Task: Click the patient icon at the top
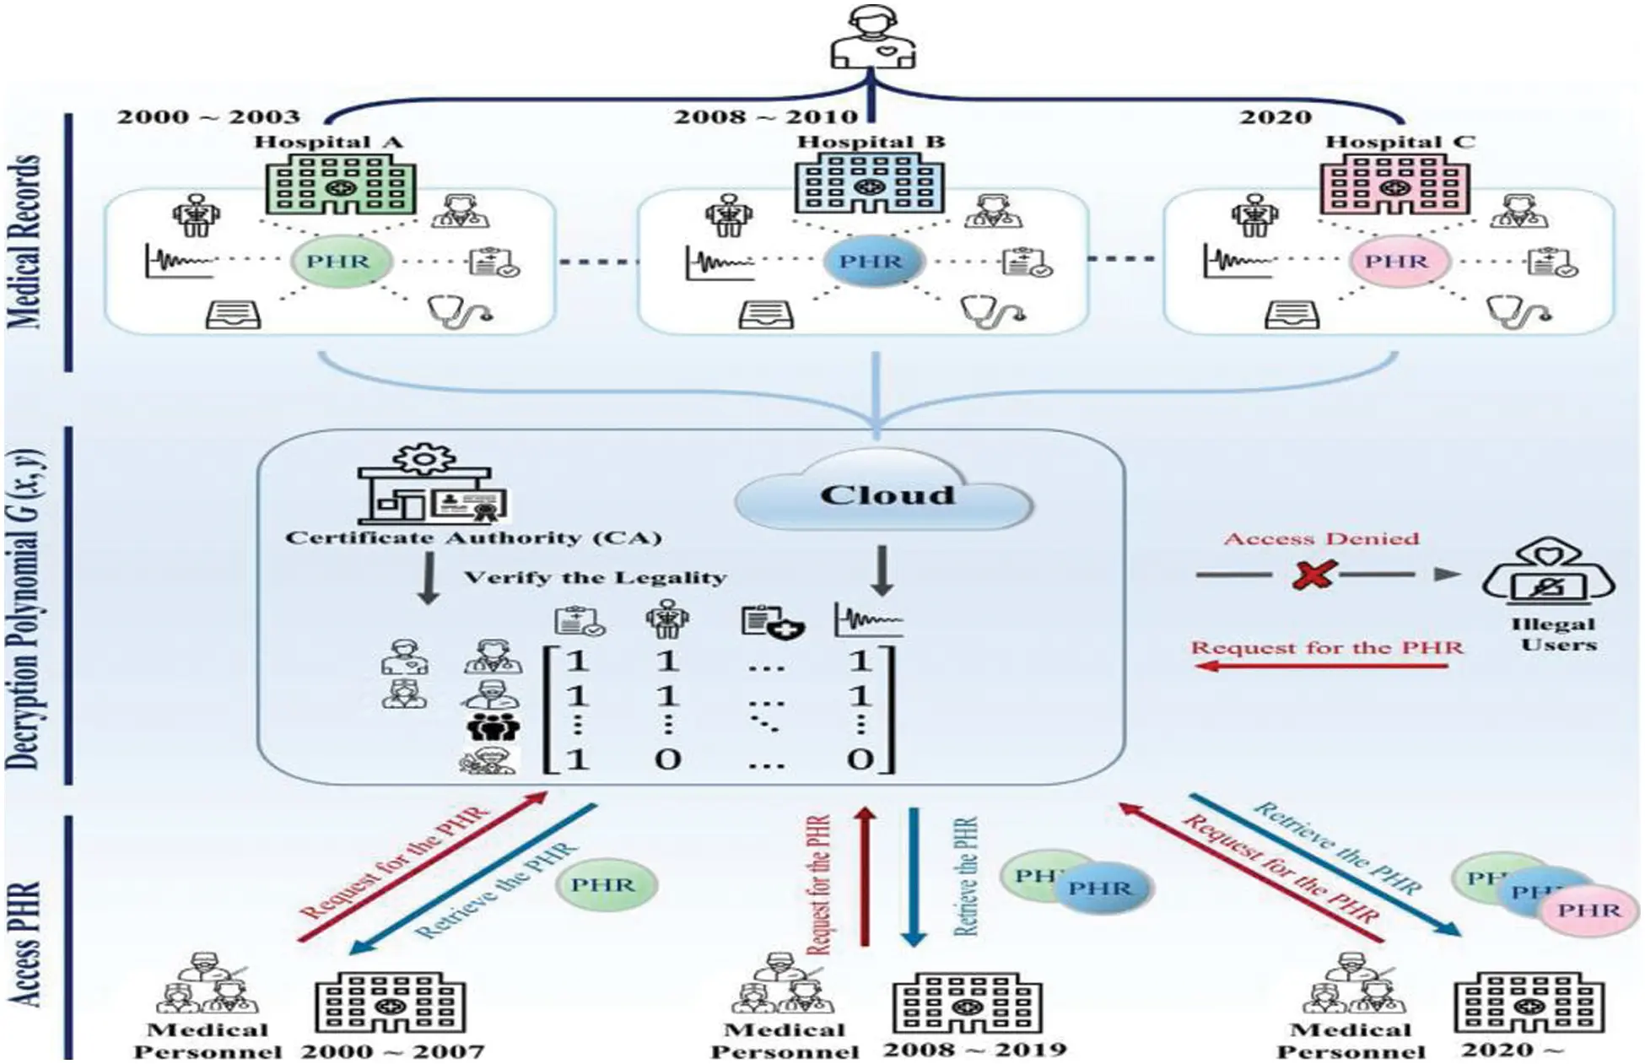(x=872, y=38)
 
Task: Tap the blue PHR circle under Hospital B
(x=872, y=262)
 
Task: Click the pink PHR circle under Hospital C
(x=1398, y=262)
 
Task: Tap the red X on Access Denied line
(x=1313, y=575)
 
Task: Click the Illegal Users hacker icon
(x=1549, y=575)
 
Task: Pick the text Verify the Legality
(x=595, y=578)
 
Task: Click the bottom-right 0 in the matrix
(x=860, y=759)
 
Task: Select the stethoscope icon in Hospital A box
(x=460, y=311)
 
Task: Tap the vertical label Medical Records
(x=25, y=242)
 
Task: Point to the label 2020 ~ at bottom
(x=1512, y=1050)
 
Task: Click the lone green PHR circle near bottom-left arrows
(x=606, y=885)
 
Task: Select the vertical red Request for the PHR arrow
(x=864, y=878)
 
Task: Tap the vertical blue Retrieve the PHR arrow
(x=913, y=878)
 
